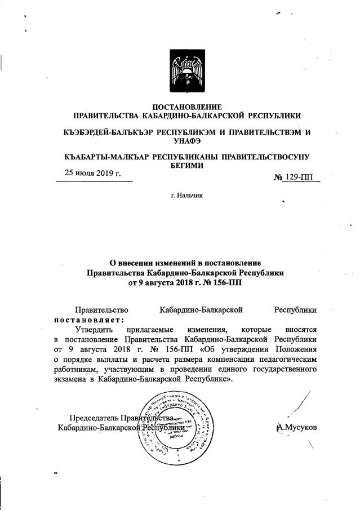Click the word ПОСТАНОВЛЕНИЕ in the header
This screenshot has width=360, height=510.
[188, 107]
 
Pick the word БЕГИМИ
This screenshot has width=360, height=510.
[188, 166]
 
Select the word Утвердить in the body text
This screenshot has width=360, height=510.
[96, 329]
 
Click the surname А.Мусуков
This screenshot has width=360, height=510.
[296, 428]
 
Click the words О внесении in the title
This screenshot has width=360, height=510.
[137, 262]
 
